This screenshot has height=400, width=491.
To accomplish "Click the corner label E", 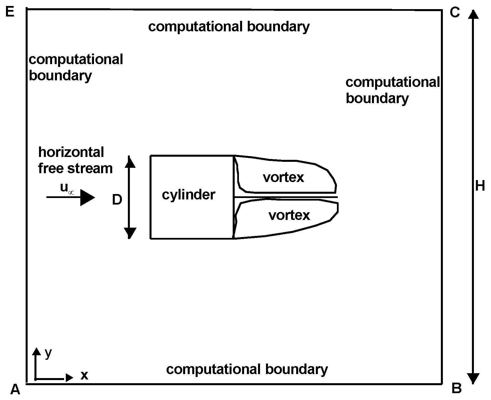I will tap(10, 12).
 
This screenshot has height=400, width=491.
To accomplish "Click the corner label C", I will tap(455, 12).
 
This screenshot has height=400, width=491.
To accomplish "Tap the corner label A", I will tap(15, 389).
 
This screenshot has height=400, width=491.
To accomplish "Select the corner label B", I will tap(457, 388).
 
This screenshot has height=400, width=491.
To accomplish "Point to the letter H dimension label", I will tap(480, 186).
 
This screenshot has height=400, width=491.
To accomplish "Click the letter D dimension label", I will tap(117, 200).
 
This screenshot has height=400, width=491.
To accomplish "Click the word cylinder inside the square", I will tap(189, 195).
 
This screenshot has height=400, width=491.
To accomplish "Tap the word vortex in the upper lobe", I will tap(283, 177).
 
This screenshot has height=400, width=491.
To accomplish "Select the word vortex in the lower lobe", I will tap(289, 215).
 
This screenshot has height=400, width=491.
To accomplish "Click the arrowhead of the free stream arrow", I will tap(87, 197).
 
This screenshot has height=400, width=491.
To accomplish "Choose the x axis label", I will tap(84, 375).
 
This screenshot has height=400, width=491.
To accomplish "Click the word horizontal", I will tap(71, 152).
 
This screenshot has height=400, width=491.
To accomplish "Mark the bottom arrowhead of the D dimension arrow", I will tap(130, 233).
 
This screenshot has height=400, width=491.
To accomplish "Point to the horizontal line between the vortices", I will tap(285, 197).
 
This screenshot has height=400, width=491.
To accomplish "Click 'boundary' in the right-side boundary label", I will tap(377, 98).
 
